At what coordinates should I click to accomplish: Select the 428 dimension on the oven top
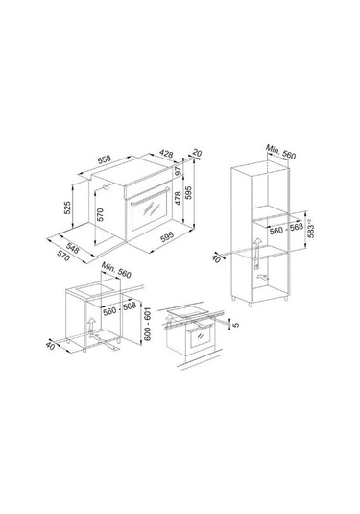[x=166, y=153]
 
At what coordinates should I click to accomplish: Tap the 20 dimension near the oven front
[x=197, y=153]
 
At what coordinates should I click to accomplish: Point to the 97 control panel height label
[x=179, y=171]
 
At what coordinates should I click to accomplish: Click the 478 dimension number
[x=178, y=198]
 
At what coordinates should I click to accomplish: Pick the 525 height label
[x=67, y=208]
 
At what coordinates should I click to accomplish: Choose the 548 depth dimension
[x=72, y=248]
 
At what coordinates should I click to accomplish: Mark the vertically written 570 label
[x=100, y=215]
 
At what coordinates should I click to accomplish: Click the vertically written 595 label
[x=188, y=193]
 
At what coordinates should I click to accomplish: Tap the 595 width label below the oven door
[x=167, y=237]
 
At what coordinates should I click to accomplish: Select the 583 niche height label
[x=311, y=230]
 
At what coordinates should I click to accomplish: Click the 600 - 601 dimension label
[x=148, y=324]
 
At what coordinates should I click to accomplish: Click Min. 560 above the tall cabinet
[x=280, y=152]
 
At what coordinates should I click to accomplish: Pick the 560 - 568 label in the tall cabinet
[x=286, y=229]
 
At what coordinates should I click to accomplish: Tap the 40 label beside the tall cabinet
[x=216, y=258]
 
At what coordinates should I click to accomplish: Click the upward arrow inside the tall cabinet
[x=257, y=248]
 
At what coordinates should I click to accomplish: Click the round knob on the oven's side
[x=107, y=186]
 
